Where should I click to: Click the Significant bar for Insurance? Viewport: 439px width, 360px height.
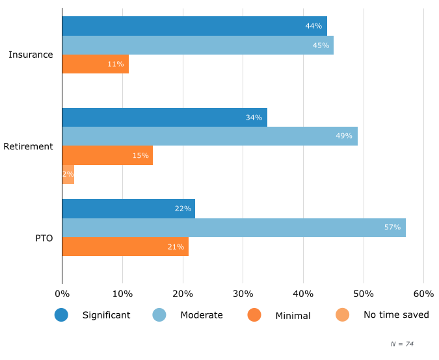click(x=194, y=26)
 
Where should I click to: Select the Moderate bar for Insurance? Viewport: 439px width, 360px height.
click(x=198, y=45)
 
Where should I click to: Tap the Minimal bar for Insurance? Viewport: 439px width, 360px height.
click(x=95, y=64)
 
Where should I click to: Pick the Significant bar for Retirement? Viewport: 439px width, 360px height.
click(x=165, y=118)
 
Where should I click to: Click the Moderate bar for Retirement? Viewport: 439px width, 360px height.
click(x=209, y=136)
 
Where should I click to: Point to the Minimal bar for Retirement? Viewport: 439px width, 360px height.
click(x=107, y=155)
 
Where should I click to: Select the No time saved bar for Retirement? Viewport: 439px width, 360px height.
click(x=68, y=174)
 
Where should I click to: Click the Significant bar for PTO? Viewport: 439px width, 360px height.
click(x=128, y=209)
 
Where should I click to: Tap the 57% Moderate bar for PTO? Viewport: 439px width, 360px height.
click(x=233, y=227)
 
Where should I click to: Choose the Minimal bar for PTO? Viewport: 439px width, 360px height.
click(x=125, y=246)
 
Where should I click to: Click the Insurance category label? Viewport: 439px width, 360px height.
click(x=31, y=55)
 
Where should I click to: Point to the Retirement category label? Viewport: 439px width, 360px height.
click(x=28, y=146)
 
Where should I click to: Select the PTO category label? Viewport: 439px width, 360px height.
click(x=44, y=238)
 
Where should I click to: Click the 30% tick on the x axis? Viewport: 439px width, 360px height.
click(x=243, y=294)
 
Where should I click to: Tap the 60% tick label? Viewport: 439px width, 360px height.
click(x=423, y=294)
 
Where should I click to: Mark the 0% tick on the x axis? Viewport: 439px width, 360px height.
click(x=62, y=294)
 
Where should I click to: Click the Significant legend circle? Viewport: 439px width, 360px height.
click(x=62, y=315)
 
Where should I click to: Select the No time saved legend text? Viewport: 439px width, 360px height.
click(x=396, y=315)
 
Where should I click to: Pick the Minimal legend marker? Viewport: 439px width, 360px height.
click(x=254, y=315)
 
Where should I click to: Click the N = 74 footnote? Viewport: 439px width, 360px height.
click(x=402, y=344)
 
